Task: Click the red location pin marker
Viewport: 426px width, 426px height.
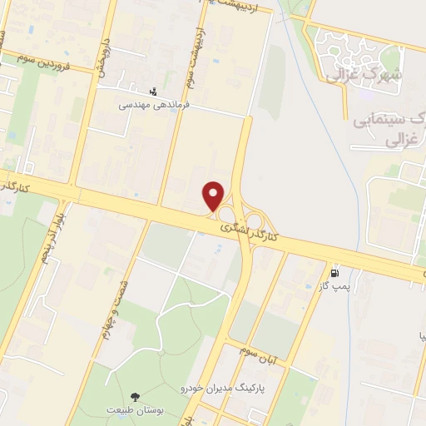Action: tap(214, 196)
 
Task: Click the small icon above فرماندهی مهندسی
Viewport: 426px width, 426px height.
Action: tap(151, 92)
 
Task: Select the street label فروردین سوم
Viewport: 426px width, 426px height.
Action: tap(48, 60)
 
